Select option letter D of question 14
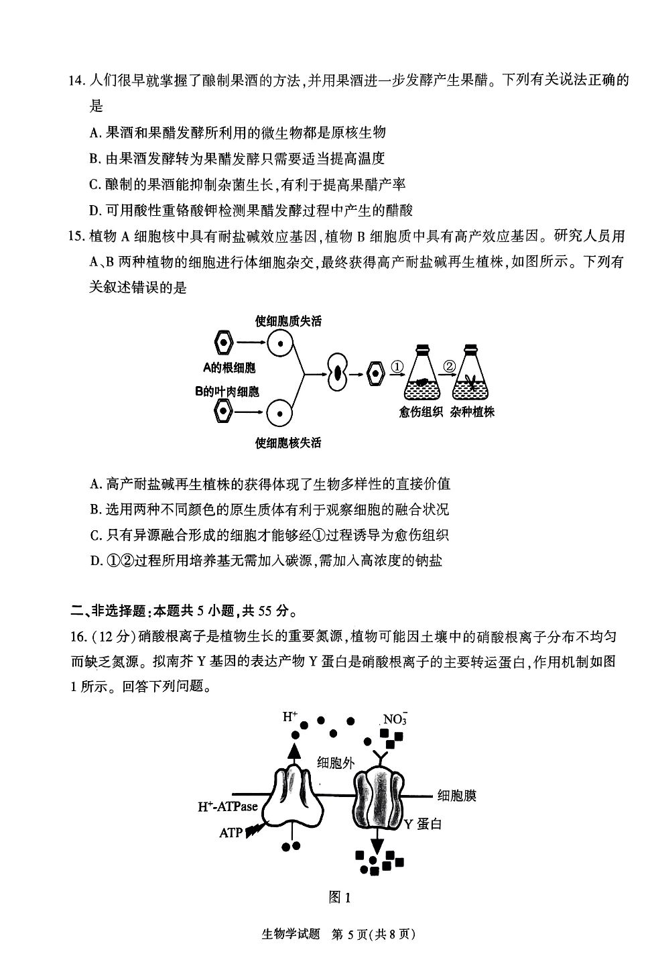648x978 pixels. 94,211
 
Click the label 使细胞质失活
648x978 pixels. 288,321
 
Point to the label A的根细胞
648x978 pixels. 229,367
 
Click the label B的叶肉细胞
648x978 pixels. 227,391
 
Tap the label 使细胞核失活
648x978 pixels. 288,442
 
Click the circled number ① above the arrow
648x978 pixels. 397,367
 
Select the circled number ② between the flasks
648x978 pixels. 449,366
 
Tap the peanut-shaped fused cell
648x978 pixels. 337,372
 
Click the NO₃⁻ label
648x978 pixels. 395,719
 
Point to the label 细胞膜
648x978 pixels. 457,796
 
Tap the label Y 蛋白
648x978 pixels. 423,824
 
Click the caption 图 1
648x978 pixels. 340,898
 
